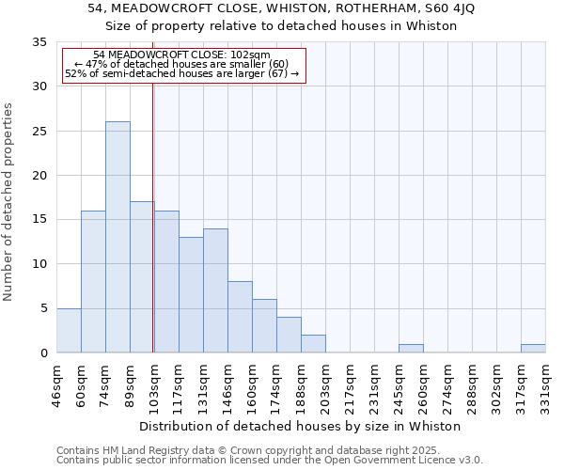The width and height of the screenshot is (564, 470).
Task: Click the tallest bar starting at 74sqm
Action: pyautogui.click(x=117, y=237)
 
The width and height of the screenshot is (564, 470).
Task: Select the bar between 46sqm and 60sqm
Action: pyautogui.click(x=69, y=330)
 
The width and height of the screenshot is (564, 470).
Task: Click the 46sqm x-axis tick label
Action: pyautogui.click(x=56, y=385)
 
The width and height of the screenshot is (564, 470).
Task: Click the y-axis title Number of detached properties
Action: pyautogui.click(x=9, y=201)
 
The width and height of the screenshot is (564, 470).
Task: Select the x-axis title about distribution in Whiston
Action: pyautogui.click(x=305, y=426)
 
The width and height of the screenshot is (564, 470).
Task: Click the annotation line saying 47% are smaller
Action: pyautogui.click(x=182, y=64)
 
